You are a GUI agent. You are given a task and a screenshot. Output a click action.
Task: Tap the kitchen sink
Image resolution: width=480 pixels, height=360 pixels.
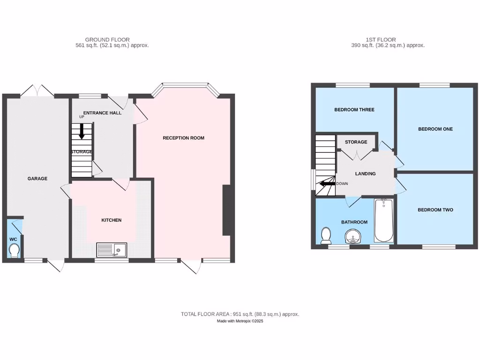[x=112, y=250]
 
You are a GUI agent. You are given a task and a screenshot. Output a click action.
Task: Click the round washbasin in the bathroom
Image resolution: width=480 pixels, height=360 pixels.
[x=354, y=236]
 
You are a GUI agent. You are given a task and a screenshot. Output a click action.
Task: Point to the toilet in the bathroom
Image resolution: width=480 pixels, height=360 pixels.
[x=326, y=234]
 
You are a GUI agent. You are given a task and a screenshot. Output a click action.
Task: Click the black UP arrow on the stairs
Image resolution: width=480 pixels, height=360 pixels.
[x=82, y=131]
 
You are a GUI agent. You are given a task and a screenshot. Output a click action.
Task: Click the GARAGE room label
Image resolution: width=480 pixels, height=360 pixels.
[x=37, y=179]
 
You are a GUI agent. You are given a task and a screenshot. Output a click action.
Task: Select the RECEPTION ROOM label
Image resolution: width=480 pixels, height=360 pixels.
[x=183, y=138]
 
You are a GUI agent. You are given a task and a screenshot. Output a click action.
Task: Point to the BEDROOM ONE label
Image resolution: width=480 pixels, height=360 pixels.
[x=435, y=129]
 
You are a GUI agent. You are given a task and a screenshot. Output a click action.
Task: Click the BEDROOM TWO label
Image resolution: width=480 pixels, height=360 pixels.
[x=435, y=210]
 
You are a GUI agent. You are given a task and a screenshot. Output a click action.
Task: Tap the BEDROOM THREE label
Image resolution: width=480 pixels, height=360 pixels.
[x=354, y=110]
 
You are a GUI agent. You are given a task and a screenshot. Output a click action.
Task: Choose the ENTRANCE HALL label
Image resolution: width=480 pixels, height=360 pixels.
[x=102, y=113]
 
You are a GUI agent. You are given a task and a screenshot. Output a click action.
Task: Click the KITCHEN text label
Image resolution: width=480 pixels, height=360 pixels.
[x=112, y=220]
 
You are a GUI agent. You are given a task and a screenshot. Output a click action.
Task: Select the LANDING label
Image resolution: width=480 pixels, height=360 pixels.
[x=365, y=173]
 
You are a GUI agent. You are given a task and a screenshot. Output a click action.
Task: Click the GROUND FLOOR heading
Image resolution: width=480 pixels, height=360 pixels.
[x=107, y=40]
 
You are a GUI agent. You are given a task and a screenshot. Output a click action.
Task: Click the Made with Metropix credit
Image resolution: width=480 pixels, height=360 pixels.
[x=240, y=321]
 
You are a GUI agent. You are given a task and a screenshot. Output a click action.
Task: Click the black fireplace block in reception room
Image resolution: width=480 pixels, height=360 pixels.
[x=227, y=210]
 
